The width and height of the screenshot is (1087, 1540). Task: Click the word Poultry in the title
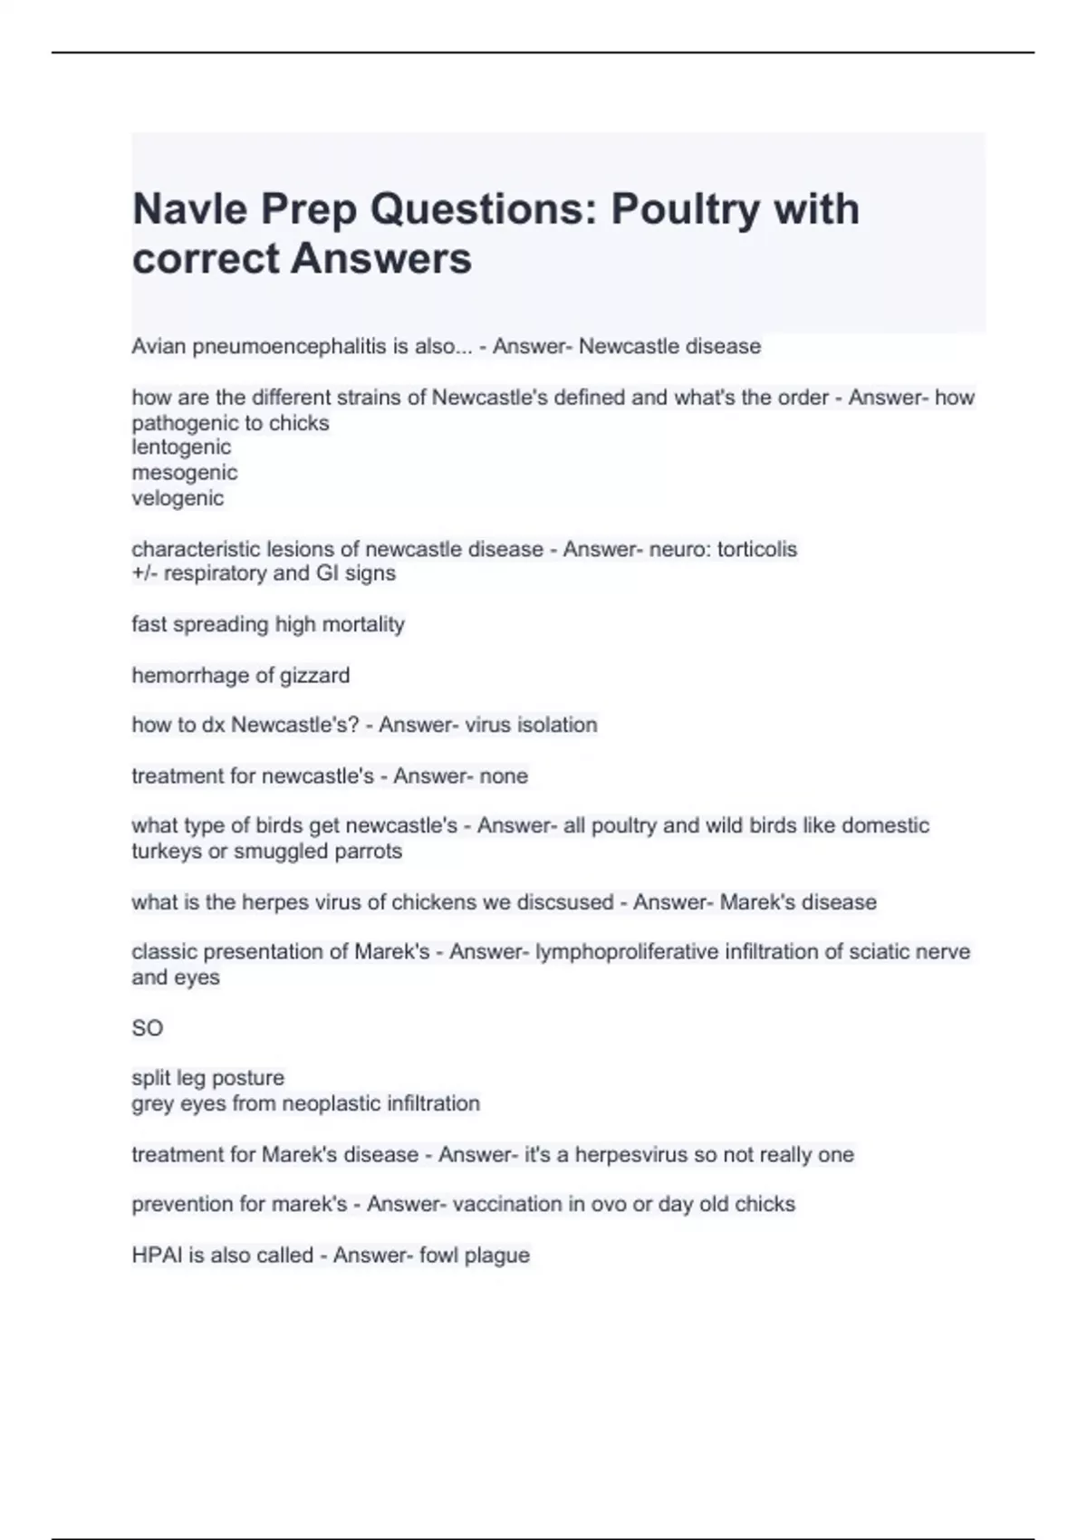[x=685, y=209]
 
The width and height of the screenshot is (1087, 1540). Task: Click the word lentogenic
[x=181, y=448]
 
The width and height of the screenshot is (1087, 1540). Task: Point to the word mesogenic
[x=185, y=473]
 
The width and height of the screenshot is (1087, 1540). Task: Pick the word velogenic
[x=178, y=498]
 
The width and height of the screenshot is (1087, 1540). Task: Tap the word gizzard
[x=314, y=676]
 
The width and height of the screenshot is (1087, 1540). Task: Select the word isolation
[x=556, y=726]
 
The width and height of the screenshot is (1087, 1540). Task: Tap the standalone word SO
[x=147, y=1028]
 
